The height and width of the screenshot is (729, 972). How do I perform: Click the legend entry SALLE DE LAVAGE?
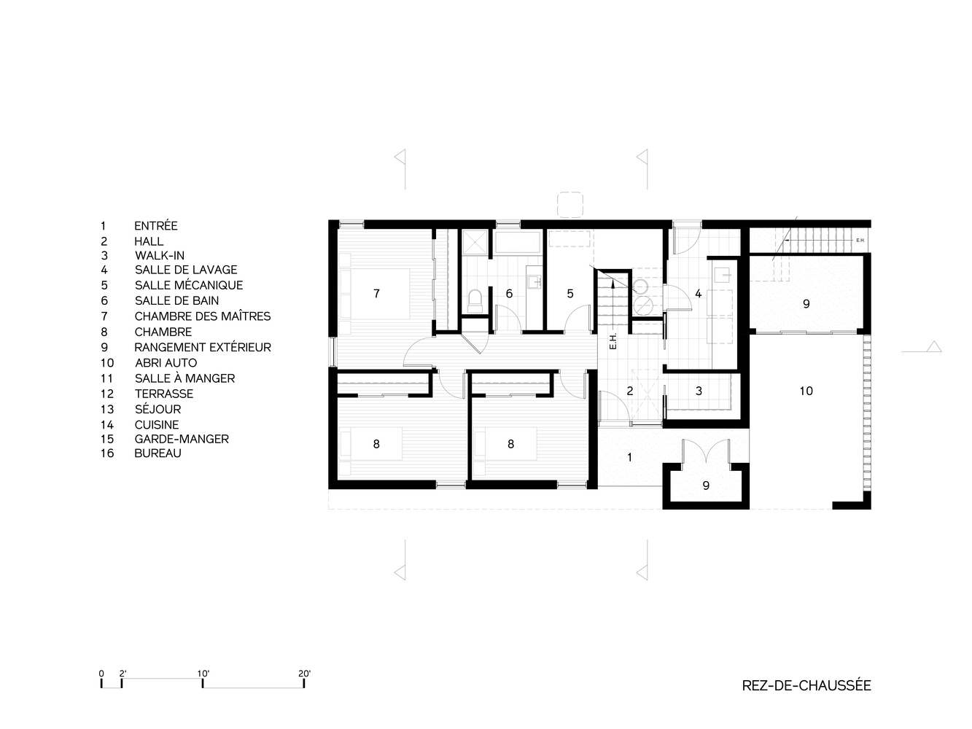pyautogui.click(x=186, y=270)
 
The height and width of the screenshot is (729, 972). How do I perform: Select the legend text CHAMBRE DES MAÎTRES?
pyautogui.click(x=203, y=316)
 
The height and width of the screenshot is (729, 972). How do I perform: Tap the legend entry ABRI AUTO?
pyautogui.click(x=166, y=363)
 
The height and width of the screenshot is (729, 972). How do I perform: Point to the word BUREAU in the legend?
pyautogui.click(x=158, y=453)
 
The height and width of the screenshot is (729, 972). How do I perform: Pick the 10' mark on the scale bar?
pyautogui.click(x=203, y=683)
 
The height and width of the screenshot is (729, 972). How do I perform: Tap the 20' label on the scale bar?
pyautogui.click(x=304, y=673)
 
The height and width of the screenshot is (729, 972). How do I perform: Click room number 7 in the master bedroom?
pyautogui.click(x=376, y=293)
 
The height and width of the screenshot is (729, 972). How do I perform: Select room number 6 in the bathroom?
pyautogui.click(x=509, y=293)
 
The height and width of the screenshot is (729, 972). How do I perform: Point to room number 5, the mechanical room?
pyautogui.click(x=570, y=293)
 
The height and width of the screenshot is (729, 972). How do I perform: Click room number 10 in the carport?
pyautogui.click(x=806, y=391)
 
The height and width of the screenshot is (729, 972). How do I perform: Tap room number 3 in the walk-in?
pyautogui.click(x=699, y=391)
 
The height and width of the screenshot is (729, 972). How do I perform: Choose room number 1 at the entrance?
pyautogui.click(x=630, y=457)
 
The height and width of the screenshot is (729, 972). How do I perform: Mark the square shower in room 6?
pyautogui.click(x=475, y=242)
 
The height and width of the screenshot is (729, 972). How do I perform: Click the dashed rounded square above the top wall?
pyautogui.click(x=570, y=205)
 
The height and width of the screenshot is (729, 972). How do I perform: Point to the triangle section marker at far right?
pyautogui.click(x=934, y=346)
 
